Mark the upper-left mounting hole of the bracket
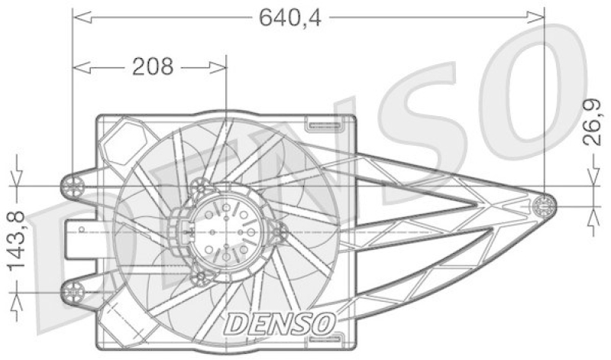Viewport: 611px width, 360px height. pos(73,184)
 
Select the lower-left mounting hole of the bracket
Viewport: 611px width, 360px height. pos(73,290)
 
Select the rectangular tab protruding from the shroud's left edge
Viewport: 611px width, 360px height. pos(79,237)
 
